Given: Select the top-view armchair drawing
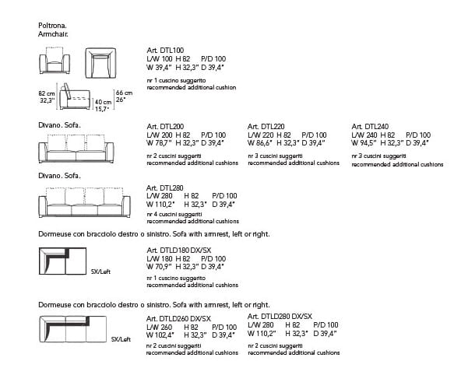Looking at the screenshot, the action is point(100,63).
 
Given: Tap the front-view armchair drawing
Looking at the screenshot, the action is point(55,60).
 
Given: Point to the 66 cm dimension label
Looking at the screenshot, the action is point(125,93).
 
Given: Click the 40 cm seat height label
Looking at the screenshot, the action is point(103,102).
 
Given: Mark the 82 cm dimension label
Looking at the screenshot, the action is point(47,93).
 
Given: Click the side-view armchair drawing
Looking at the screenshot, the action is point(75,96).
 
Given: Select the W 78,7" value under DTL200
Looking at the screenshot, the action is point(159,143).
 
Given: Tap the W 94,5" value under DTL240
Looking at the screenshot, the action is point(364,143).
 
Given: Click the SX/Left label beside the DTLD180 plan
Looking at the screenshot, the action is point(100,272).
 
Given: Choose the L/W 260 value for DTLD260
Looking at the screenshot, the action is point(159,328).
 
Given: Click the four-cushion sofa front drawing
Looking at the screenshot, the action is point(84,202).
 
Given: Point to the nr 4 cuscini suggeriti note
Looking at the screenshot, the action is point(174,215).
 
